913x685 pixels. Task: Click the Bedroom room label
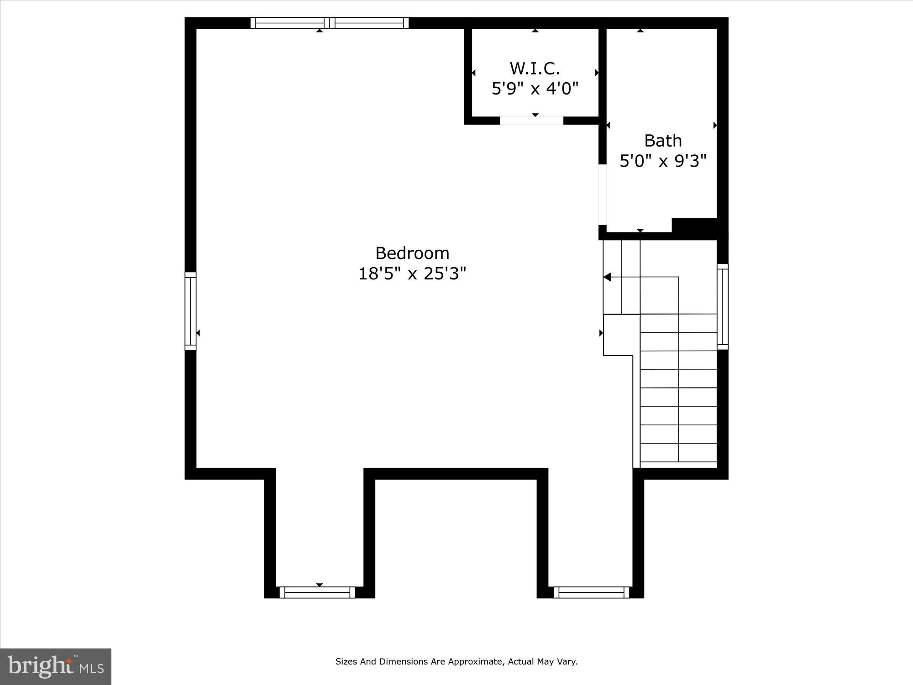tap(412, 253)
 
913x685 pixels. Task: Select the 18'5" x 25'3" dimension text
tap(412, 274)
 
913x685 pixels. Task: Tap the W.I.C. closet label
tap(535, 68)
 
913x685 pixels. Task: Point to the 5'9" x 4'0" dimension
tap(535, 89)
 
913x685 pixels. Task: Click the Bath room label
tap(663, 141)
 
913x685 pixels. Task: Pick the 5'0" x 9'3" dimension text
tap(663, 161)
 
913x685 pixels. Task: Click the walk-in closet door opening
tap(531, 121)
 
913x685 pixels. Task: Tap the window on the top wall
tap(329, 23)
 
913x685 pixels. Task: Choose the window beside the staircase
tap(722, 307)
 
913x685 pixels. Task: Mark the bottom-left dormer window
tap(317, 592)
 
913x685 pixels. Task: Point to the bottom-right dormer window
tap(591, 592)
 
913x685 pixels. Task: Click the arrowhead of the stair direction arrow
tap(607, 277)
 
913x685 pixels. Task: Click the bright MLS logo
tap(56, 667)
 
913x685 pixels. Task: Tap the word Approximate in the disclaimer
tap(476, 661)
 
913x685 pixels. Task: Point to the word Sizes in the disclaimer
tap(346, 661)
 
